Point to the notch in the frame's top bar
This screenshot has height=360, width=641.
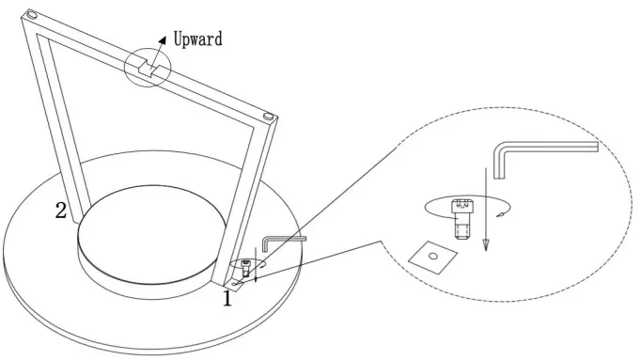click(x=147, y=68)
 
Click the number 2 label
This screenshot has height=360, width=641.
click(x=60, y=211)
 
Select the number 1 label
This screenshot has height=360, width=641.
click(x=227, y=299)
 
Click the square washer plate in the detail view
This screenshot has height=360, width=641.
click(x=433, y=254)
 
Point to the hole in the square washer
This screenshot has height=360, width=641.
click(x=433, y=254)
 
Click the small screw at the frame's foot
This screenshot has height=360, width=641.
click(x=246, y=270)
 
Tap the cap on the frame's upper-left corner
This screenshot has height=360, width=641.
click(x=33, y=15)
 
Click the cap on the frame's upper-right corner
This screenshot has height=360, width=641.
click(x=271, y=117)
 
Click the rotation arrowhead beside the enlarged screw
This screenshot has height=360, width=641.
click(x=501, y=217)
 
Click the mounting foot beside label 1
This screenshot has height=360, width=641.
click(x=237, y=283)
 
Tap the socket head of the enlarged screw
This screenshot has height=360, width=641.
click(x=461, y=206)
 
